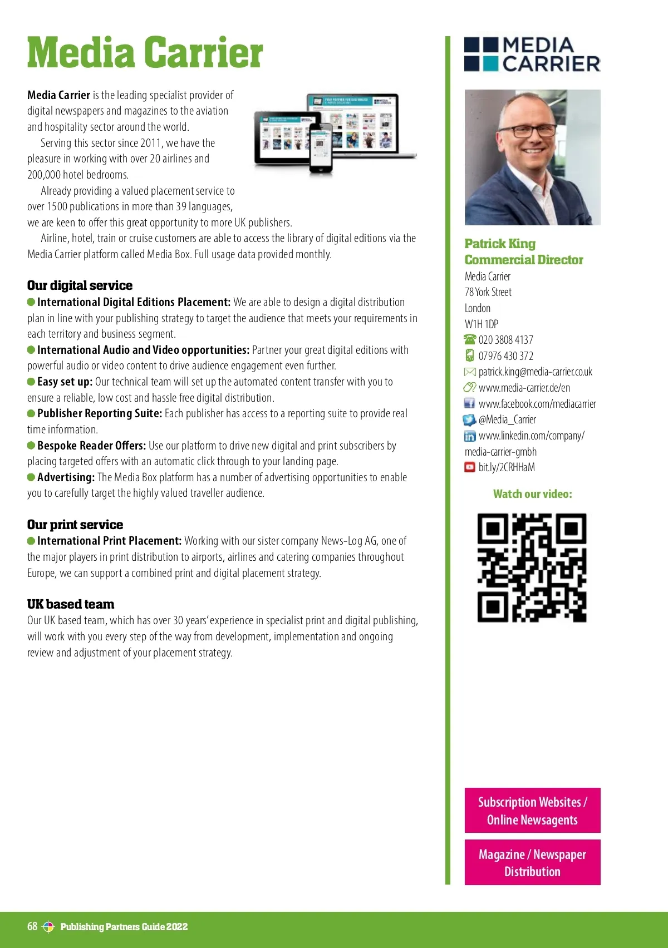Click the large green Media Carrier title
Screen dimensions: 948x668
click(145, 53)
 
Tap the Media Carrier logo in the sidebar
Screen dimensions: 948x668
click(532, 55)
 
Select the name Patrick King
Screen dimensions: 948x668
click(500, 244)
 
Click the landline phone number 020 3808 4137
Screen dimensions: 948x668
click(505, 340)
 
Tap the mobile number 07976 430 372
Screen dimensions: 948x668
click(505, 356)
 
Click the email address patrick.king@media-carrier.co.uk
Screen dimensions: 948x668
click(535, 372)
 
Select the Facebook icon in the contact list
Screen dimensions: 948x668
click(470, 403)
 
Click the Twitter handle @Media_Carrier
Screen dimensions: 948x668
click(507, 419)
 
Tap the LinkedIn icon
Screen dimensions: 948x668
click(470, 436)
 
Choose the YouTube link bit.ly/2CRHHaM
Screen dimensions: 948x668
click(507, 467)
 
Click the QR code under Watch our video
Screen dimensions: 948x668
click(532, 567)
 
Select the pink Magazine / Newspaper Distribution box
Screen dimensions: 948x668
click(532, 862)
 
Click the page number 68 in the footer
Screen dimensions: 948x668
click(32, 926)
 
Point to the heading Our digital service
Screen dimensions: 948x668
click(80, 285)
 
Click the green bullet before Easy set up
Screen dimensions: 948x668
click(31, 382)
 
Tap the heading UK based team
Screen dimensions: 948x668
click(71, 604)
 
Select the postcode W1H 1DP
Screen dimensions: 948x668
click(482, 324)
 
